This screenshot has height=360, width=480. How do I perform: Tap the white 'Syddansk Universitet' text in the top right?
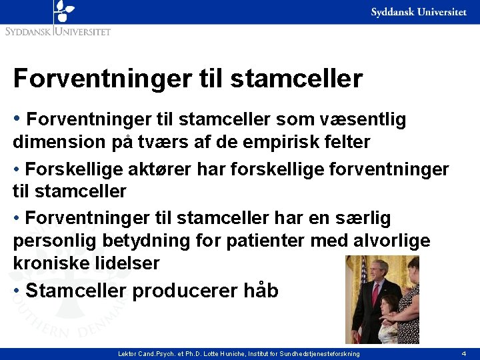coord(418,13)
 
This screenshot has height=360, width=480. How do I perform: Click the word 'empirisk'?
coord(268,142)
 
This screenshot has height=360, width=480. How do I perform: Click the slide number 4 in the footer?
coord(463,353)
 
